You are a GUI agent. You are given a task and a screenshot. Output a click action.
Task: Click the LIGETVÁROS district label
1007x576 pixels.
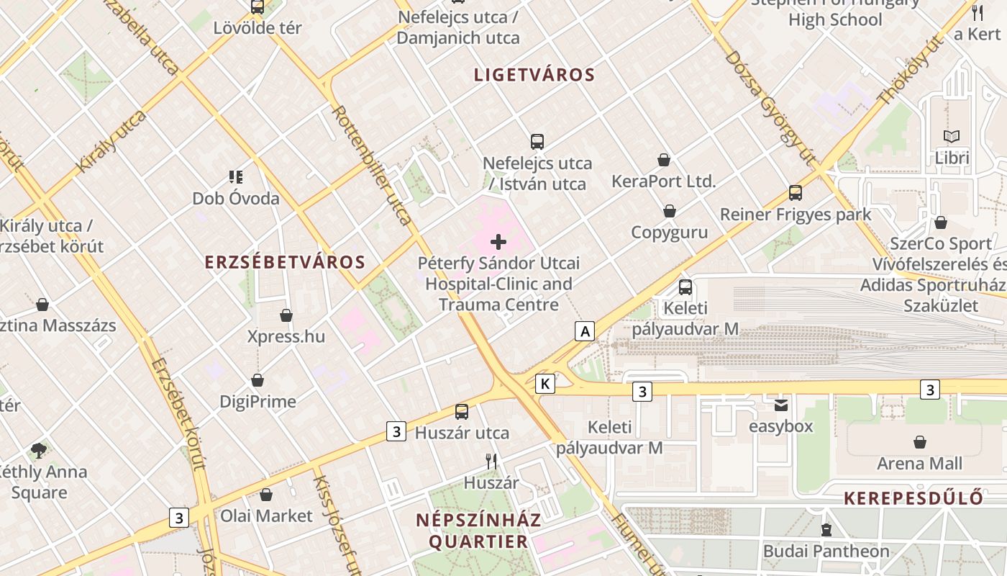tap(534, 75)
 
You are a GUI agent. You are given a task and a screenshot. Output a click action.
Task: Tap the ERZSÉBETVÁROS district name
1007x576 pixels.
tap(285, 262)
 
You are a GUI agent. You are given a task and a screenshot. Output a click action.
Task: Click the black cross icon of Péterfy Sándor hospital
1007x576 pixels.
tap(498, 242)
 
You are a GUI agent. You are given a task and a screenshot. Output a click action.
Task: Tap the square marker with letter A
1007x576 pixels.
tap(585, 331)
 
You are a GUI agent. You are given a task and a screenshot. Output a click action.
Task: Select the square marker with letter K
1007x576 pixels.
tap(546, 384)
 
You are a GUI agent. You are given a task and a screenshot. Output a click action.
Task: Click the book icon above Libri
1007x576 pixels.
tap(952, 136)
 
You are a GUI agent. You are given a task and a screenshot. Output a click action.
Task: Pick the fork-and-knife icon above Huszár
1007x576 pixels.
tap(491, 461)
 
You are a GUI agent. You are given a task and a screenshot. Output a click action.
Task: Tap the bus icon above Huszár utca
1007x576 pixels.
tap(462, 412)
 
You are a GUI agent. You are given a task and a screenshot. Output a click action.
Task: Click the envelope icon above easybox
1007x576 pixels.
tap(781, 405)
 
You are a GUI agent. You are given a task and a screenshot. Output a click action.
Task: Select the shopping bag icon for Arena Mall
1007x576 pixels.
tap(919, 441)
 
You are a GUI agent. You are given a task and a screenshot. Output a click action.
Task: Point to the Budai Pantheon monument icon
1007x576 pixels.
tap(826, 531)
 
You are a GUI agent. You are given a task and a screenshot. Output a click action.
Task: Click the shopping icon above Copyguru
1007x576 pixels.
tap(670, 211)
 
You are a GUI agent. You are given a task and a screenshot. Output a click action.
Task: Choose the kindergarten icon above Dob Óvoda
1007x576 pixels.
tap(235, 176)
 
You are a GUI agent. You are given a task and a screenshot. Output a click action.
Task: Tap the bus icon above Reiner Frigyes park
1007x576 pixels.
tap(796, 193)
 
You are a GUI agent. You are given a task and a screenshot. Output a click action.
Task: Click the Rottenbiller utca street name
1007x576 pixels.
tap(372, 165)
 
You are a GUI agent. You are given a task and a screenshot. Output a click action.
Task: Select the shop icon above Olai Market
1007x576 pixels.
tap(266, 495)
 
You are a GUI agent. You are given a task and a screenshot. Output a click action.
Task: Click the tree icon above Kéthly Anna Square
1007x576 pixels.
tap(39, 451)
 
